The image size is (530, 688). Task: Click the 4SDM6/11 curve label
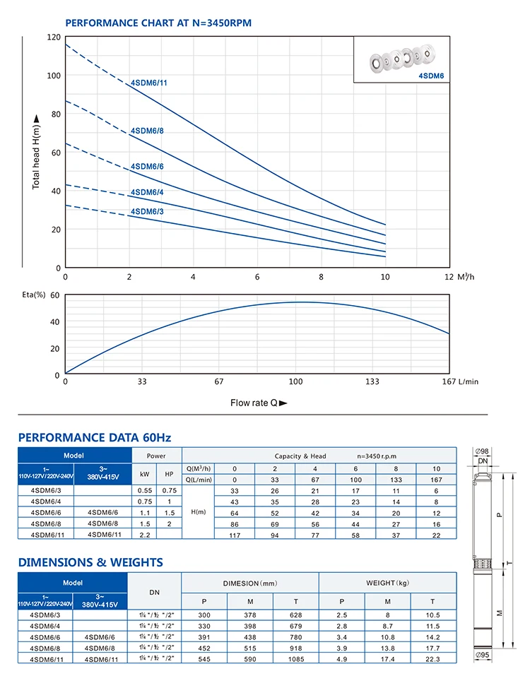tap(149, 83)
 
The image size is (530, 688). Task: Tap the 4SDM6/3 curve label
tap(147, 211)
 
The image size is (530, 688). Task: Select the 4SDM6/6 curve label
tap(147, 166)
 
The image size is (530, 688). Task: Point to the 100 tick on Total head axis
tap(54, 76)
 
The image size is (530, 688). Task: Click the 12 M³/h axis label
tap(459, 277)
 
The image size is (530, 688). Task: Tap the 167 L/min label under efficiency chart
tap(460, 381)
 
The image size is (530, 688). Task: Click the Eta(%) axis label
tap(34, 295)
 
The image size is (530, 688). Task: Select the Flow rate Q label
tap(259, 403)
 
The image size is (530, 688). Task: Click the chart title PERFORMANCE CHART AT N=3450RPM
tap(158, 23)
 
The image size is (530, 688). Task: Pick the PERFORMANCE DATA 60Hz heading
tap(95, 437)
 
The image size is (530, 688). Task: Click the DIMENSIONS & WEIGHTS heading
tap(90, 562)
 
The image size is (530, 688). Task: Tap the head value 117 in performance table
tap(235, 535)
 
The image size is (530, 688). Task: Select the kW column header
tap(144, 474)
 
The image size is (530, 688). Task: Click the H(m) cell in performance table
tap(199, 512)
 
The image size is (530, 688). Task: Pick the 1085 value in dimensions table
tap(296, 659)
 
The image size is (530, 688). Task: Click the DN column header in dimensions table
tap(155, 593)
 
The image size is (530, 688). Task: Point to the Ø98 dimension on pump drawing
tap(482, 451)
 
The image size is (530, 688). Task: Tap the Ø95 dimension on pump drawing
tap(482, 655)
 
